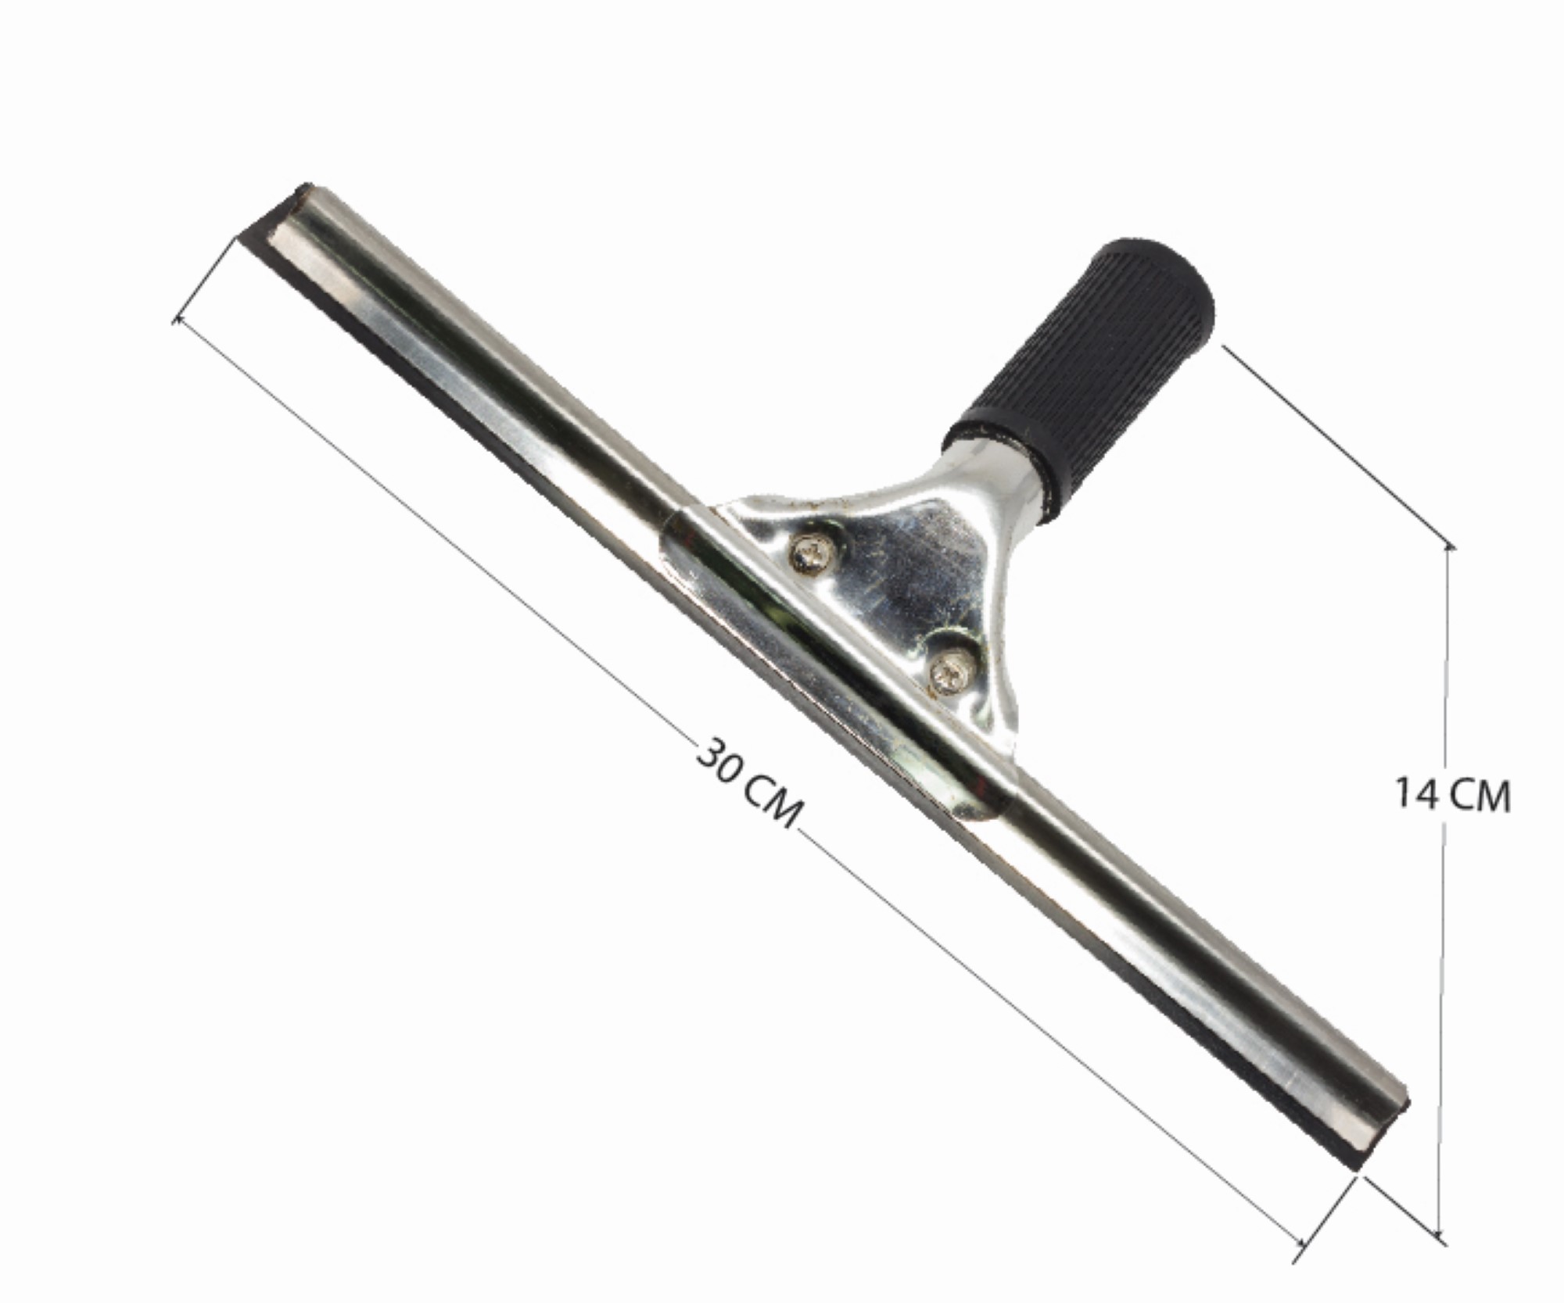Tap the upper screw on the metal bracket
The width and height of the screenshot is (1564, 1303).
point(812,554)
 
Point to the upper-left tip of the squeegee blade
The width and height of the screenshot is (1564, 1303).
point(307,184)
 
